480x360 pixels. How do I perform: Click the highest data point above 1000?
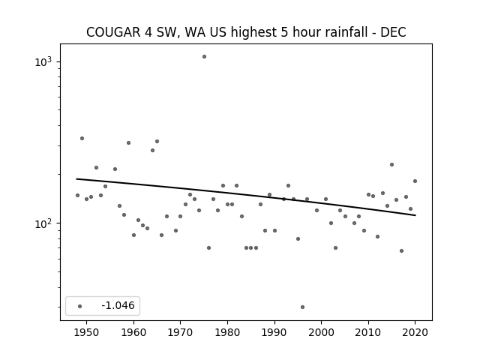coord(204,57)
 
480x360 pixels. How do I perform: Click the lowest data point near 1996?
coord(302,307)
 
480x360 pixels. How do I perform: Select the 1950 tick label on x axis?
coord(86,332)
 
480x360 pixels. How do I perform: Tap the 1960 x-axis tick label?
coord(133,332)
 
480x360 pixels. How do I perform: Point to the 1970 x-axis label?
coord(180,332)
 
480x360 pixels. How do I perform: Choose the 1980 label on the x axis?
coord(227,332)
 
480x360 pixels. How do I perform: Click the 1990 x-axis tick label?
coord(274,332)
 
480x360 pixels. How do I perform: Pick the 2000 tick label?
coord(321,332)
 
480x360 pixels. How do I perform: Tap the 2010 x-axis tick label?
coord(368,332)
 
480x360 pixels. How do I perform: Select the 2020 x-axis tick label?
coord(415,332)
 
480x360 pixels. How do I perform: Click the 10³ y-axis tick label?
coord(43,62)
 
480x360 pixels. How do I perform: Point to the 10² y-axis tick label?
coord(43,223)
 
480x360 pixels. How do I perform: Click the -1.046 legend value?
coord(118,305)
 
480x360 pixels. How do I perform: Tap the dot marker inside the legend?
coord(80,306)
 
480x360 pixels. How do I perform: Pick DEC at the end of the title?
coord(393,32)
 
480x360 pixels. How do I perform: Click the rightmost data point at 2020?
coord(415,181)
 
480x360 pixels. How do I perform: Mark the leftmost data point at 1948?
coord(77,195)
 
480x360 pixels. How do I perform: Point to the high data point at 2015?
coord(391,165)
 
